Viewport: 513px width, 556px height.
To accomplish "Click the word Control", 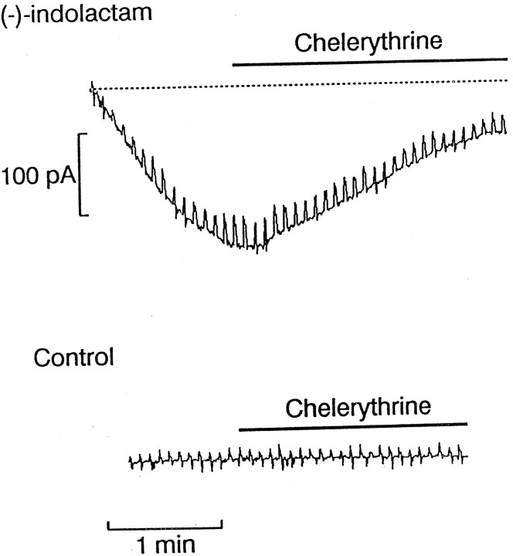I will point(74,358).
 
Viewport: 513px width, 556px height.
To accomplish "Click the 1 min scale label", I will point(165,544).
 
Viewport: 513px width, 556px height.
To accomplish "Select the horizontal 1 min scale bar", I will point(165,528).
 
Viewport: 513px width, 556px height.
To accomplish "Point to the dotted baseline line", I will point(301,85).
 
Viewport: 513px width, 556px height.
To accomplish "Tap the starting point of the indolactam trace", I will point(91,85).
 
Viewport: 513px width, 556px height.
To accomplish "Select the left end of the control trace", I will point(130,463).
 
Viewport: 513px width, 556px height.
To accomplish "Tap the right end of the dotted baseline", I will point(508,80).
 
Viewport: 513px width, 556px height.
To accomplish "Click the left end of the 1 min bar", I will point(108,527).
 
